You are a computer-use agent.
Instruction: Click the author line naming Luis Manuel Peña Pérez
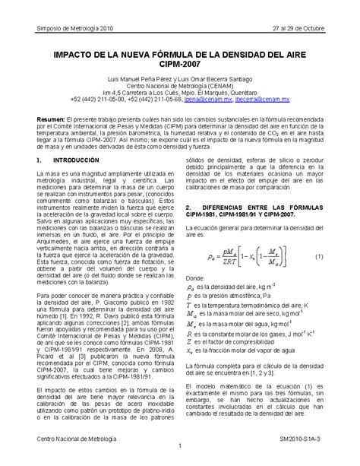(180, 80)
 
